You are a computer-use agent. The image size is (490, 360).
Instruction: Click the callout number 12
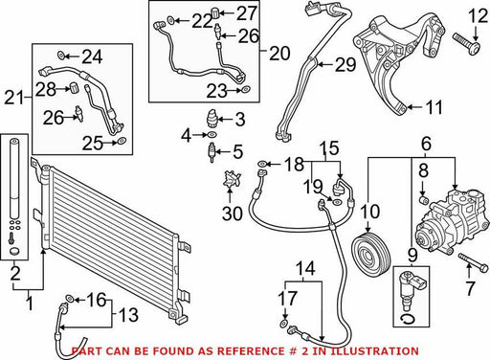click(x=478, y=16)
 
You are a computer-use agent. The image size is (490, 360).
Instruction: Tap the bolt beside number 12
click(x=467, y=44)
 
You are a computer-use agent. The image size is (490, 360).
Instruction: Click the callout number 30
click(x=233, y=213)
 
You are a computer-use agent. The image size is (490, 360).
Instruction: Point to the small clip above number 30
click(x=232, y=179)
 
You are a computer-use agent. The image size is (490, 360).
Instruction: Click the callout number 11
click(x=435, y=107)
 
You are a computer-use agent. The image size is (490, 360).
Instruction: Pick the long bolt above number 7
click(x=474, y=261)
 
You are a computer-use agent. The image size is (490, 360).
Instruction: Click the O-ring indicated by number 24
click(x=61, y=56)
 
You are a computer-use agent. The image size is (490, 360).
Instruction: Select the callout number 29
click(x=345, y=65)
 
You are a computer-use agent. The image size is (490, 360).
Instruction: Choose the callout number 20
click(x=279, y=53)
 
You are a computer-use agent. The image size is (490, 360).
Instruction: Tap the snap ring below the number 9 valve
click(x=409, y=320)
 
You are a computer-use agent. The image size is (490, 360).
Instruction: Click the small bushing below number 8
click(x=423, y=200)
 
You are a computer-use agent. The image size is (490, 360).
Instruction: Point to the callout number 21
click(x=14, y=98)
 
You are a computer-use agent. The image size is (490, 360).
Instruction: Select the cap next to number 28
click(x=74, y=87)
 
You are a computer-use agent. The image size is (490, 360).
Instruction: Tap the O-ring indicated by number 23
click(x=246, y=90)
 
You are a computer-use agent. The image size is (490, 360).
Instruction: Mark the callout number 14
click(x=305, y=268)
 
